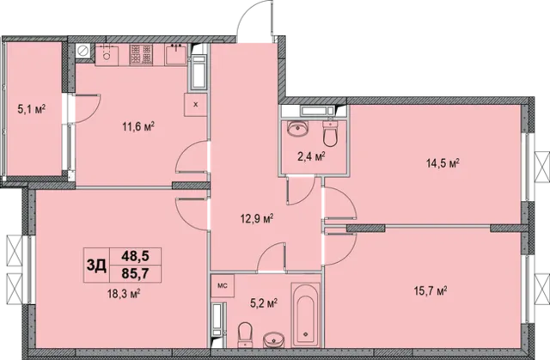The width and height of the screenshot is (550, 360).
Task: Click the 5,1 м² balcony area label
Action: (x=32, y=110)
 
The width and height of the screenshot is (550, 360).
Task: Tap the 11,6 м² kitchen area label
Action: (x=138, y=126)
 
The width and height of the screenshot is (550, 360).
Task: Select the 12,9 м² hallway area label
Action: (x=257, y=219)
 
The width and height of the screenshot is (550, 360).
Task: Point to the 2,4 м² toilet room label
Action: (x=311, y=156)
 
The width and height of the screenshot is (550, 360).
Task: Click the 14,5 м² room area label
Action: (x=443, y=163)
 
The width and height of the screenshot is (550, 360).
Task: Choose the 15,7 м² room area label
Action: (x=431, y=290)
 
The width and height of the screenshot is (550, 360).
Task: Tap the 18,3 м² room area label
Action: (x=124, y=293)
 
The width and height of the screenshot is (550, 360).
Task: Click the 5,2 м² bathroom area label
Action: (x=264, y=303)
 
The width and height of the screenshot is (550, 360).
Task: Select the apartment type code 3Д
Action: (x=96, y=265)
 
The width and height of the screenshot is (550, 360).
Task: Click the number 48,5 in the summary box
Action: (x=136, y=256)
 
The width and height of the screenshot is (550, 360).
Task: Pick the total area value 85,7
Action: (x=136, y=273)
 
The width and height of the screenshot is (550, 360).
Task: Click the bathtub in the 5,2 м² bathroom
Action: (x=306, y=315)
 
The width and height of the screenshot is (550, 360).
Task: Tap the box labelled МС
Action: (x=223, y=286)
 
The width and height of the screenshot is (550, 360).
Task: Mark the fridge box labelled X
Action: (x=196, y=105)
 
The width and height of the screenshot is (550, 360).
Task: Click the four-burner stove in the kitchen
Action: (x=141, y=55)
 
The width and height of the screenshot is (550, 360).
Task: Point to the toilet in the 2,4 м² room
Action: (x=330, y=133)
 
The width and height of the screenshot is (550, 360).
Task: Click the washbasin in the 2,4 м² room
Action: (x=298, y=128)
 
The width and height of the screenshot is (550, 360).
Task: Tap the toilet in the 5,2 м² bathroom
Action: (x=245, y=334)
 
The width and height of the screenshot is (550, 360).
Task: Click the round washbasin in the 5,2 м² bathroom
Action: (x=274, y=339)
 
